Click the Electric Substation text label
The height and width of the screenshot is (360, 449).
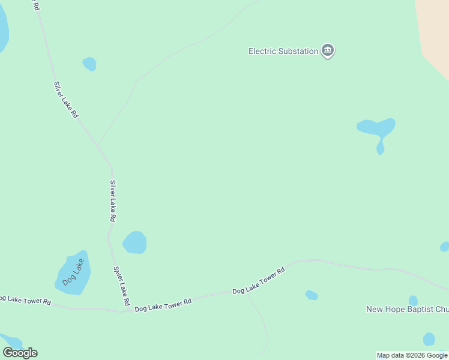[283, 52]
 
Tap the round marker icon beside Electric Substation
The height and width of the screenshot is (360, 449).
[327, 50]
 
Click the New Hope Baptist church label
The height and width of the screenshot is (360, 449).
[407, 310]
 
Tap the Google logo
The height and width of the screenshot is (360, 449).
[20, 353]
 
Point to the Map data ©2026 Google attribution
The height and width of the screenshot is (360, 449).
[412, 356]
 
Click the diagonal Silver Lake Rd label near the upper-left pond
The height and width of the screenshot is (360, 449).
[66, 100]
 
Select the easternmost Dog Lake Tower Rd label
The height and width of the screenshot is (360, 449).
[258, 281]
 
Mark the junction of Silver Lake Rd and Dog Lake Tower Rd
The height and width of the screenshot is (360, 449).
[126, 311]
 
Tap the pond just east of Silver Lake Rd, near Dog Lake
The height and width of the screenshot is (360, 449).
[135, 242]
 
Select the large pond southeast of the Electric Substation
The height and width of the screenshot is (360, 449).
[375, 127]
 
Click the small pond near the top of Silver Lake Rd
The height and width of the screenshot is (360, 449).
[89, 64]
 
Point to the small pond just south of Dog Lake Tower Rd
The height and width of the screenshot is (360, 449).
[311, 295]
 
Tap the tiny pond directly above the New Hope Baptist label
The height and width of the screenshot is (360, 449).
[413, 300]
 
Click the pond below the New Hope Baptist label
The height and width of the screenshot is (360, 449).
[429, 339]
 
